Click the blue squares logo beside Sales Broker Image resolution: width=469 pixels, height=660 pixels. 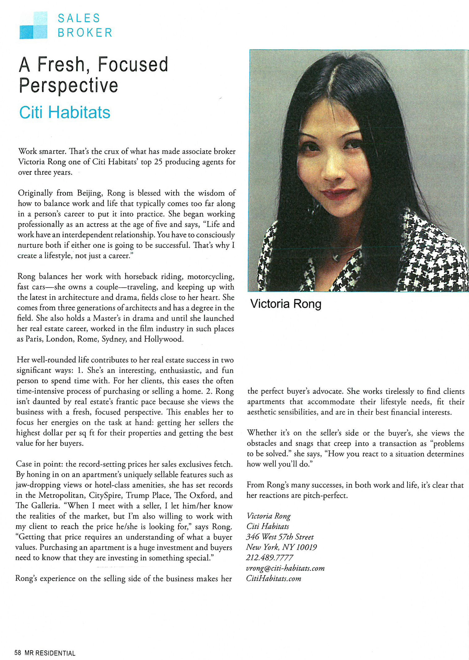point(33,25)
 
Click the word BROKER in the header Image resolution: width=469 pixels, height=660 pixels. point(85,32)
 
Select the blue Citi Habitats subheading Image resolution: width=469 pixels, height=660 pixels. point(65,112)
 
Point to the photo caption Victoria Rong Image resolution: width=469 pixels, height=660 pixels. point(286,304)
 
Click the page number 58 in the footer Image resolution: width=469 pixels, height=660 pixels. point(18,653)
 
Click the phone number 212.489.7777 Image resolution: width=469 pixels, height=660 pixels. point(269,557)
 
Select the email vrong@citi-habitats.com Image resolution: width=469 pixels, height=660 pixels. point(285,568)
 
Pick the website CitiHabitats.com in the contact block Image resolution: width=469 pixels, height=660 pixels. point(273,578)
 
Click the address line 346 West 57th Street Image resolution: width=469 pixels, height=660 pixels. point(280,537)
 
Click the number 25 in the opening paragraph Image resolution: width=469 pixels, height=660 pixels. point(158,162)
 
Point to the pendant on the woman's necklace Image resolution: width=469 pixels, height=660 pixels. point(335,256)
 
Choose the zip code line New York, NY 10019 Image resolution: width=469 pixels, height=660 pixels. point(281,547)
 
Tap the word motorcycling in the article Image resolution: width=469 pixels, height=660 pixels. point(211,276)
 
